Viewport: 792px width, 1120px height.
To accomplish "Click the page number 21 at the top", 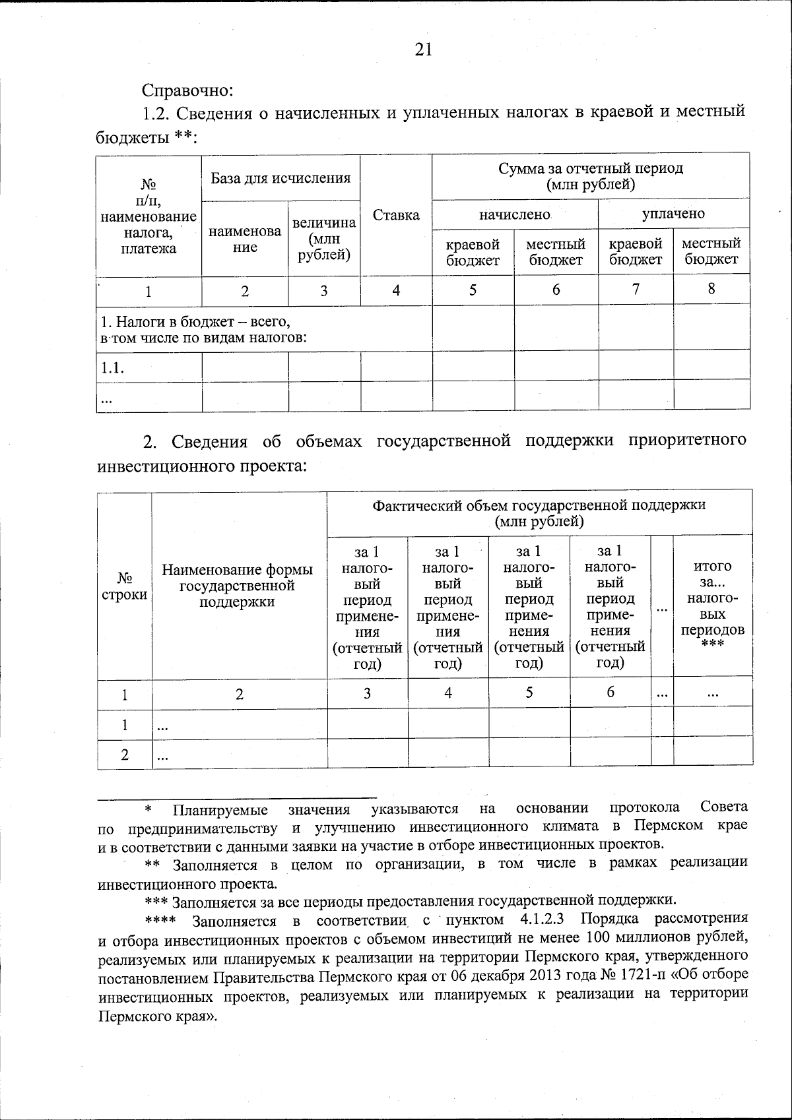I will [424, 49].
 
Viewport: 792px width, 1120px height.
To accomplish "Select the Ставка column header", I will [396, 216].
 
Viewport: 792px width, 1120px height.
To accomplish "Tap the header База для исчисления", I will [280, 177].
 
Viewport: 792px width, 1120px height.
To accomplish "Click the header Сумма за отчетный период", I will [591, 176].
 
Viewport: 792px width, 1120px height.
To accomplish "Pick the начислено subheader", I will [514, 214].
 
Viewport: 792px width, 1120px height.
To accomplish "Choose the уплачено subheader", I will [673, 214].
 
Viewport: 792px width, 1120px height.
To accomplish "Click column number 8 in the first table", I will [711, 289].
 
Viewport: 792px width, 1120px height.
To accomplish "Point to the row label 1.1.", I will [113, 368].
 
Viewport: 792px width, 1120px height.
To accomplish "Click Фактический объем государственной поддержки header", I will [539, 513].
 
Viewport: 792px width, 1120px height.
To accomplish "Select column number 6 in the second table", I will [610, 693].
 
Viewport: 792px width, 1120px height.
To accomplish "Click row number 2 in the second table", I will [124, 756].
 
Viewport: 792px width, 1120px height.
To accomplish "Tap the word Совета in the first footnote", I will [724, 807].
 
